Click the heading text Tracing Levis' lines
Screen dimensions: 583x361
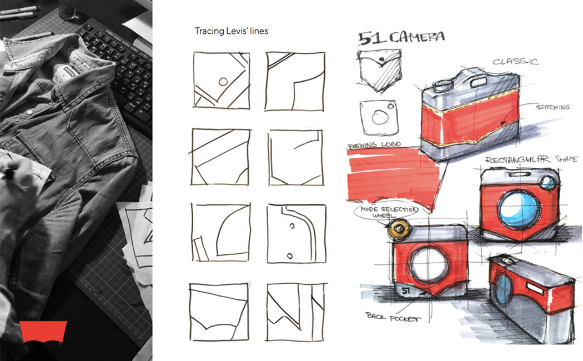[232, 31]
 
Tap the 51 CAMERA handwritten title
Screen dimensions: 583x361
[401, 38]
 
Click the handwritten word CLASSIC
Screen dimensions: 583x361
[515, 61]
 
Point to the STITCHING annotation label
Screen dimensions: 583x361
[552, 107]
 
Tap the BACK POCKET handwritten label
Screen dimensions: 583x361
[393, 317]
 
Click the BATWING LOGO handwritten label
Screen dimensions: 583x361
[374, 144]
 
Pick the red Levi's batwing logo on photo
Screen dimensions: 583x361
[43, 332]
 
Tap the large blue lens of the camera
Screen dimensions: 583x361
[519, 210]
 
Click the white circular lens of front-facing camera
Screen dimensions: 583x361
[429, 265]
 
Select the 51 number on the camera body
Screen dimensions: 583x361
[406, 290]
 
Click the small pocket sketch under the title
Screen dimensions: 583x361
[379, 71]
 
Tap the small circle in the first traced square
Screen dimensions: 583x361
[223, 82]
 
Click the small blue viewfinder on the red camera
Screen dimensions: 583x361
[547, 182]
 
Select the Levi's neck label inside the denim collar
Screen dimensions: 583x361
[67, 72]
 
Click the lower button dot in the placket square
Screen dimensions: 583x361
[290, 256]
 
